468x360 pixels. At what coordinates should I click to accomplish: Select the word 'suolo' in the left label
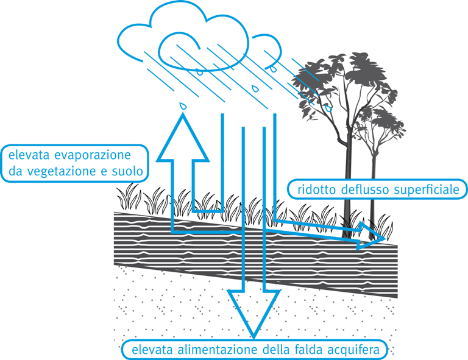click(x=129, y=172)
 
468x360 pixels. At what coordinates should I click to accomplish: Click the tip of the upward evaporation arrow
click(x=181, y=116)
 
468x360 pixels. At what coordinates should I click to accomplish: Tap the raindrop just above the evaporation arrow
click(x=182, y=105)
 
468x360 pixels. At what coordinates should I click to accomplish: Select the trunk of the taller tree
click(x=348, y=183)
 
